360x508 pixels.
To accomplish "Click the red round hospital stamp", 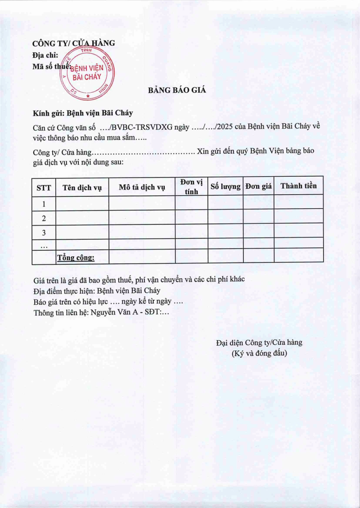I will coord(87,73).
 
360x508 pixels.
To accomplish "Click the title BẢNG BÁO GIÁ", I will coord(177,90).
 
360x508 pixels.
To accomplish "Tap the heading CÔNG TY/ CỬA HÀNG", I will coord(73,43).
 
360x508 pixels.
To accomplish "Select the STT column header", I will coord(44,188).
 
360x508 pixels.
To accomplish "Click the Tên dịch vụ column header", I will coord(82,188).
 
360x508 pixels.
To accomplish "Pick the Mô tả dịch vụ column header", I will coord(142,188).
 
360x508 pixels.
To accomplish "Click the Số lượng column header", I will coord(225,187).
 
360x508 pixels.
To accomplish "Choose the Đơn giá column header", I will coord(258,187).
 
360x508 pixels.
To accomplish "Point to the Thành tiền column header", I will coord(298,186).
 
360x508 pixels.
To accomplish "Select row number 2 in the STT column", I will coord(44,218).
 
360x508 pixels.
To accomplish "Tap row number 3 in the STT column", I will coord(44,233).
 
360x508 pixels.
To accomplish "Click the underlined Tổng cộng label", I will coord(75,258).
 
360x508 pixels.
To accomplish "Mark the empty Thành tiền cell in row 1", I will coord(298,202).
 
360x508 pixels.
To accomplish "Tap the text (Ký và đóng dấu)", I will coord(259,353).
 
